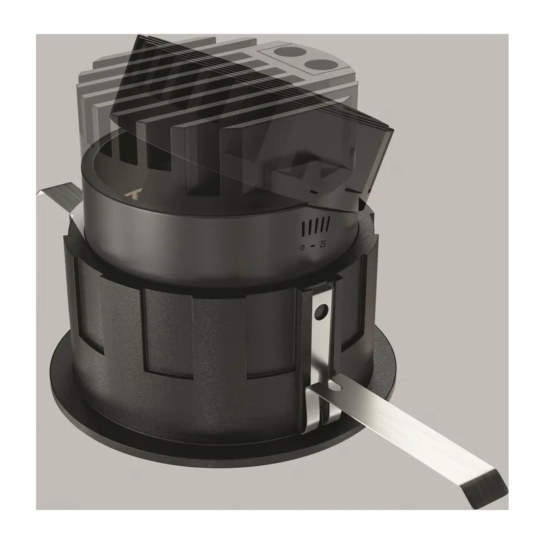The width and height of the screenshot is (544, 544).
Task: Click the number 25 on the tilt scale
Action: tap(322, 244)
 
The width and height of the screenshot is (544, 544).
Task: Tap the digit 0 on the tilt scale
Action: tap(303, 248)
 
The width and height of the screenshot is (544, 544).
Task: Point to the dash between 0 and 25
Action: tap(313, 246)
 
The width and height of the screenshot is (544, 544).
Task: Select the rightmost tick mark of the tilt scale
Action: tap(328, 222)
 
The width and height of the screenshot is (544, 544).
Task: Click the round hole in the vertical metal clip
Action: tap(320, 311)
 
